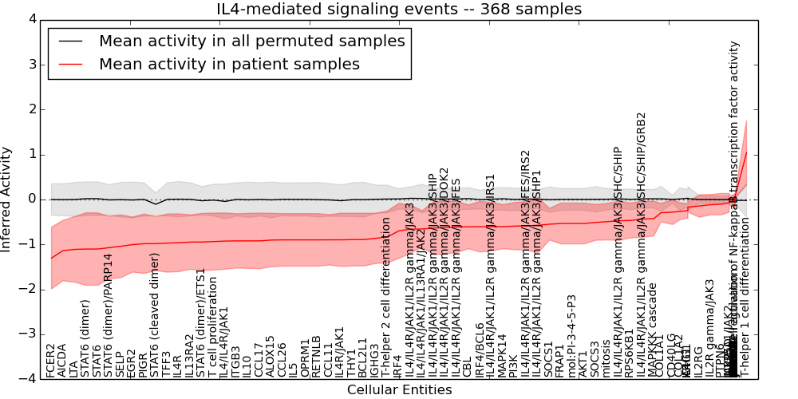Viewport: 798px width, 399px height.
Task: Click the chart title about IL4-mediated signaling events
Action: (x=399, y=10)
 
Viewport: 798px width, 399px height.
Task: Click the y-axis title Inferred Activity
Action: (x=7, y=199)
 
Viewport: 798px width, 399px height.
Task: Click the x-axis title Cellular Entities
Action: (x=399, y=390)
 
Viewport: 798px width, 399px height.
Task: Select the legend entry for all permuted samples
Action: (x=251, y=41)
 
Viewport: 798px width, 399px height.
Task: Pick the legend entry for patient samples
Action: (x=229, y=65)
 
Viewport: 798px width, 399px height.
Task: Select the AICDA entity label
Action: (x=62, y=359)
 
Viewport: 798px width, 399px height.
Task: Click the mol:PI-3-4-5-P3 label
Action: (x=571, y=336)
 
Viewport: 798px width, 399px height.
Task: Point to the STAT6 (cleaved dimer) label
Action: (x=155, y=315)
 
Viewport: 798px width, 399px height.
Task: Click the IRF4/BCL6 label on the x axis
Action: (x=479, y=350)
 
